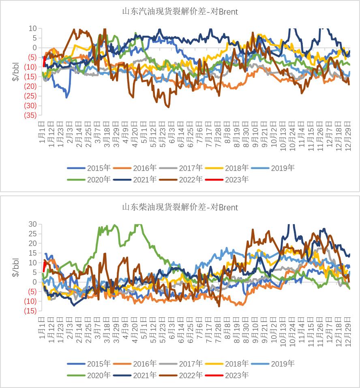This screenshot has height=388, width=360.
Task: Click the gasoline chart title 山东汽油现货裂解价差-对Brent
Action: (x=180, y=12)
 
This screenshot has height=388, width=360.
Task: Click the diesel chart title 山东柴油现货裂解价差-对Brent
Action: (x=180, y=208)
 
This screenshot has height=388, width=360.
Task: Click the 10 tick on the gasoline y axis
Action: (x=32, y=28)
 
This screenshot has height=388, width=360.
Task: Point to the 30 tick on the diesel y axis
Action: (x=32, y=224)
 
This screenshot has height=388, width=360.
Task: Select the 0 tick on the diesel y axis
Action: (x=34, y=282)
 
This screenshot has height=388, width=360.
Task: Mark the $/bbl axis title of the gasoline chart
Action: (x=16, y=72)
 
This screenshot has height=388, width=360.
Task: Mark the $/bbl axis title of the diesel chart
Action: (x=16, y=268)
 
